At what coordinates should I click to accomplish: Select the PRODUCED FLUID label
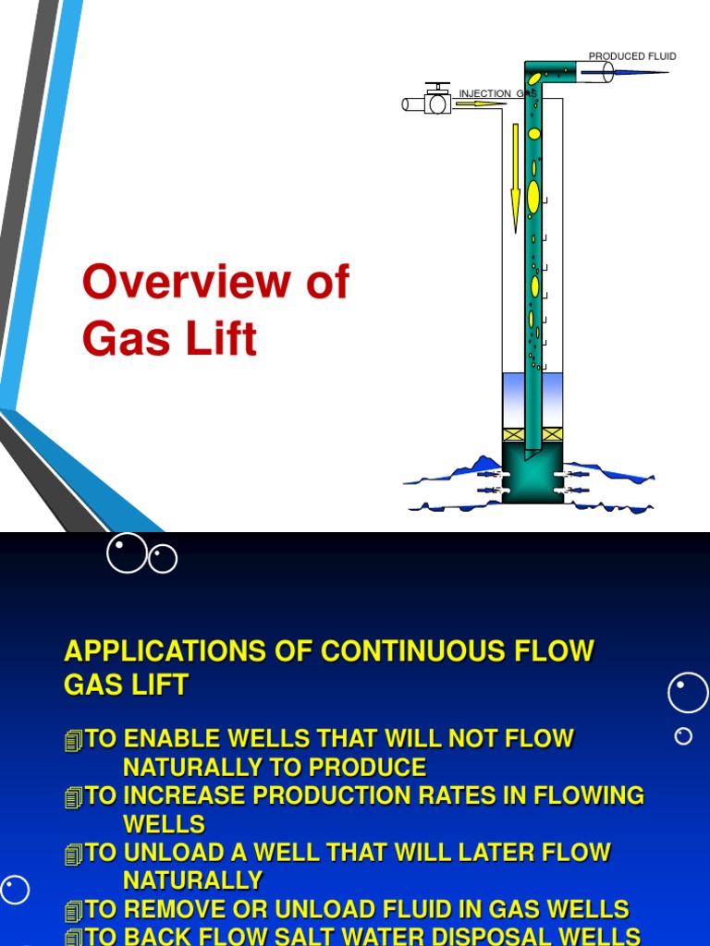pyautogui.click(x=632, y=56)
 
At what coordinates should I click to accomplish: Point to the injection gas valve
pyautogui.click(x=436, y=102)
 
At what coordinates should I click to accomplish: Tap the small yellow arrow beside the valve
pyautogui.click(x=472, y=104)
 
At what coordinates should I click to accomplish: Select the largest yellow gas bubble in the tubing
pyautogui.click(x=533, y=197)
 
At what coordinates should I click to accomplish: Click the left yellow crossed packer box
pyautogui.click(x=513, y=434)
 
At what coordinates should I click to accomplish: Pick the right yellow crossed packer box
pyautogui.click(x=552, y=434)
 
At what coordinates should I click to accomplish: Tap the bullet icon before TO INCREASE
pyautogui.click(x=74, y=797)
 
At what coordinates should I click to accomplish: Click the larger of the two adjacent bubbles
pyautogui.click(x=127, y=552)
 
